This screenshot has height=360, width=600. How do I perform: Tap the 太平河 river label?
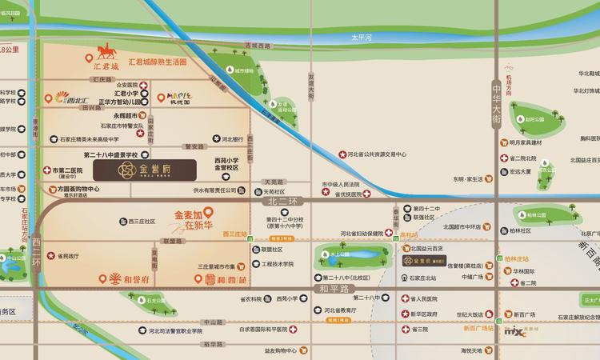363,38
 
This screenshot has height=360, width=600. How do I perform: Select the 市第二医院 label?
67,170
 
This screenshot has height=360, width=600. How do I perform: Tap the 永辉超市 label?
96,115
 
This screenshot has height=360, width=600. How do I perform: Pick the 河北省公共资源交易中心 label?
378,154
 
